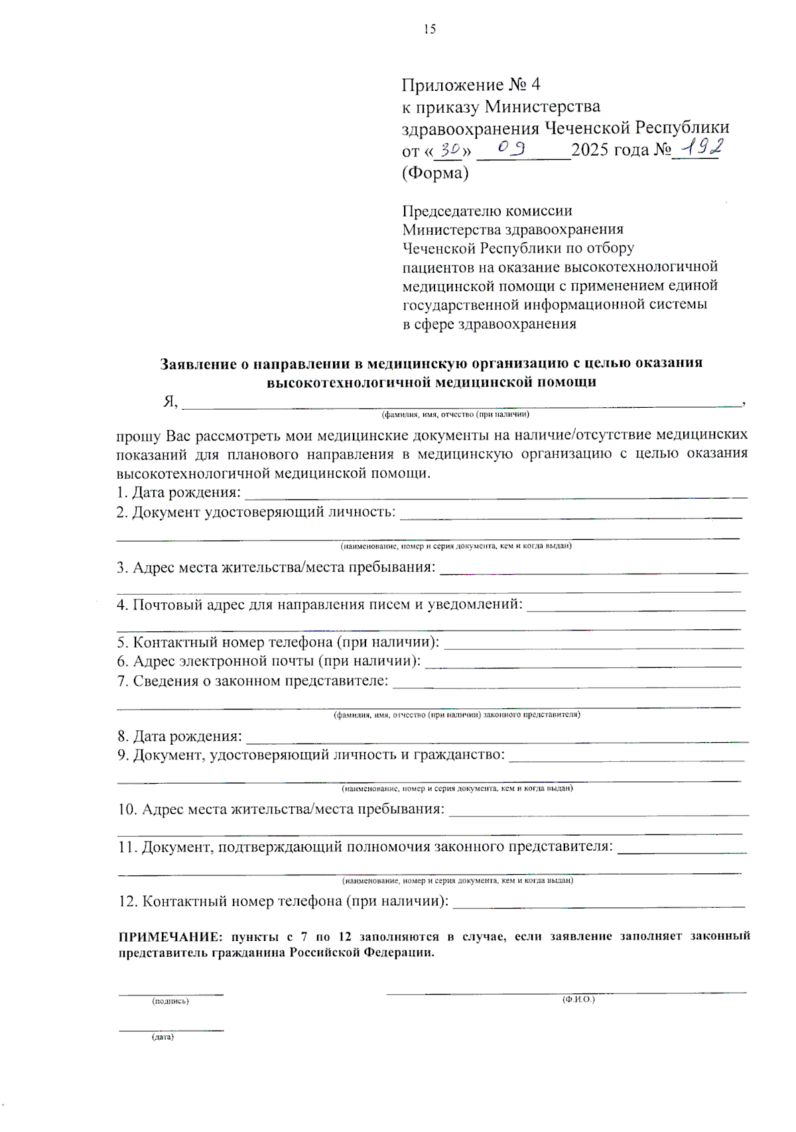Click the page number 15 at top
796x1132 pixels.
tap(429, 29)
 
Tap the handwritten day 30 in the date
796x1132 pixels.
tap(450, 151)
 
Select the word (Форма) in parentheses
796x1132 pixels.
tap(435, 173)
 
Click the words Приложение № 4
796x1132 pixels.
tap(471, 85)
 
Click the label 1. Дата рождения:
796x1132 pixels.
tap(178, 493)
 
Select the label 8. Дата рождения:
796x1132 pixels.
tap(180, 736)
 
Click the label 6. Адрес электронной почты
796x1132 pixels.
tap(269, 661)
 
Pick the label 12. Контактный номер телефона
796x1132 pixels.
tap(283, 901)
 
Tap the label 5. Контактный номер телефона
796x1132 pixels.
tap(278, 643)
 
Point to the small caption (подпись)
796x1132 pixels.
tap(170, 1001)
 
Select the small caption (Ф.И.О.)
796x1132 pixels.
tap(578, 999)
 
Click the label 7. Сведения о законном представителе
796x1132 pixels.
tap(253, 681)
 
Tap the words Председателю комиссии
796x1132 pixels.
tap(487, 211)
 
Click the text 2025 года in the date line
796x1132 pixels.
tap(610, 150)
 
